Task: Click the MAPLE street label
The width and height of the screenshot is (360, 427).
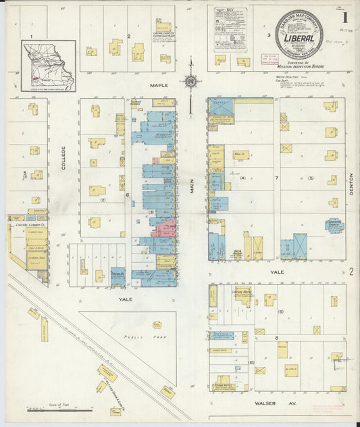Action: point(158,85)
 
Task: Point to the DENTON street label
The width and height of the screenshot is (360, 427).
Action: point(351,190)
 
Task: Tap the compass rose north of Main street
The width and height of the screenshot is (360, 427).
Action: point(190,82)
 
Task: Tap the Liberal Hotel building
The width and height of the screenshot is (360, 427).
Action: point(240,295)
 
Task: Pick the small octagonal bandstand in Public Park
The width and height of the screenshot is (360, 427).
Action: point(157,325)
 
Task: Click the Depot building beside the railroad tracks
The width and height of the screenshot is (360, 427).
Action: point(107,373)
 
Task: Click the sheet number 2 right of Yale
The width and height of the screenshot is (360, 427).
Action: point(352,272)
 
